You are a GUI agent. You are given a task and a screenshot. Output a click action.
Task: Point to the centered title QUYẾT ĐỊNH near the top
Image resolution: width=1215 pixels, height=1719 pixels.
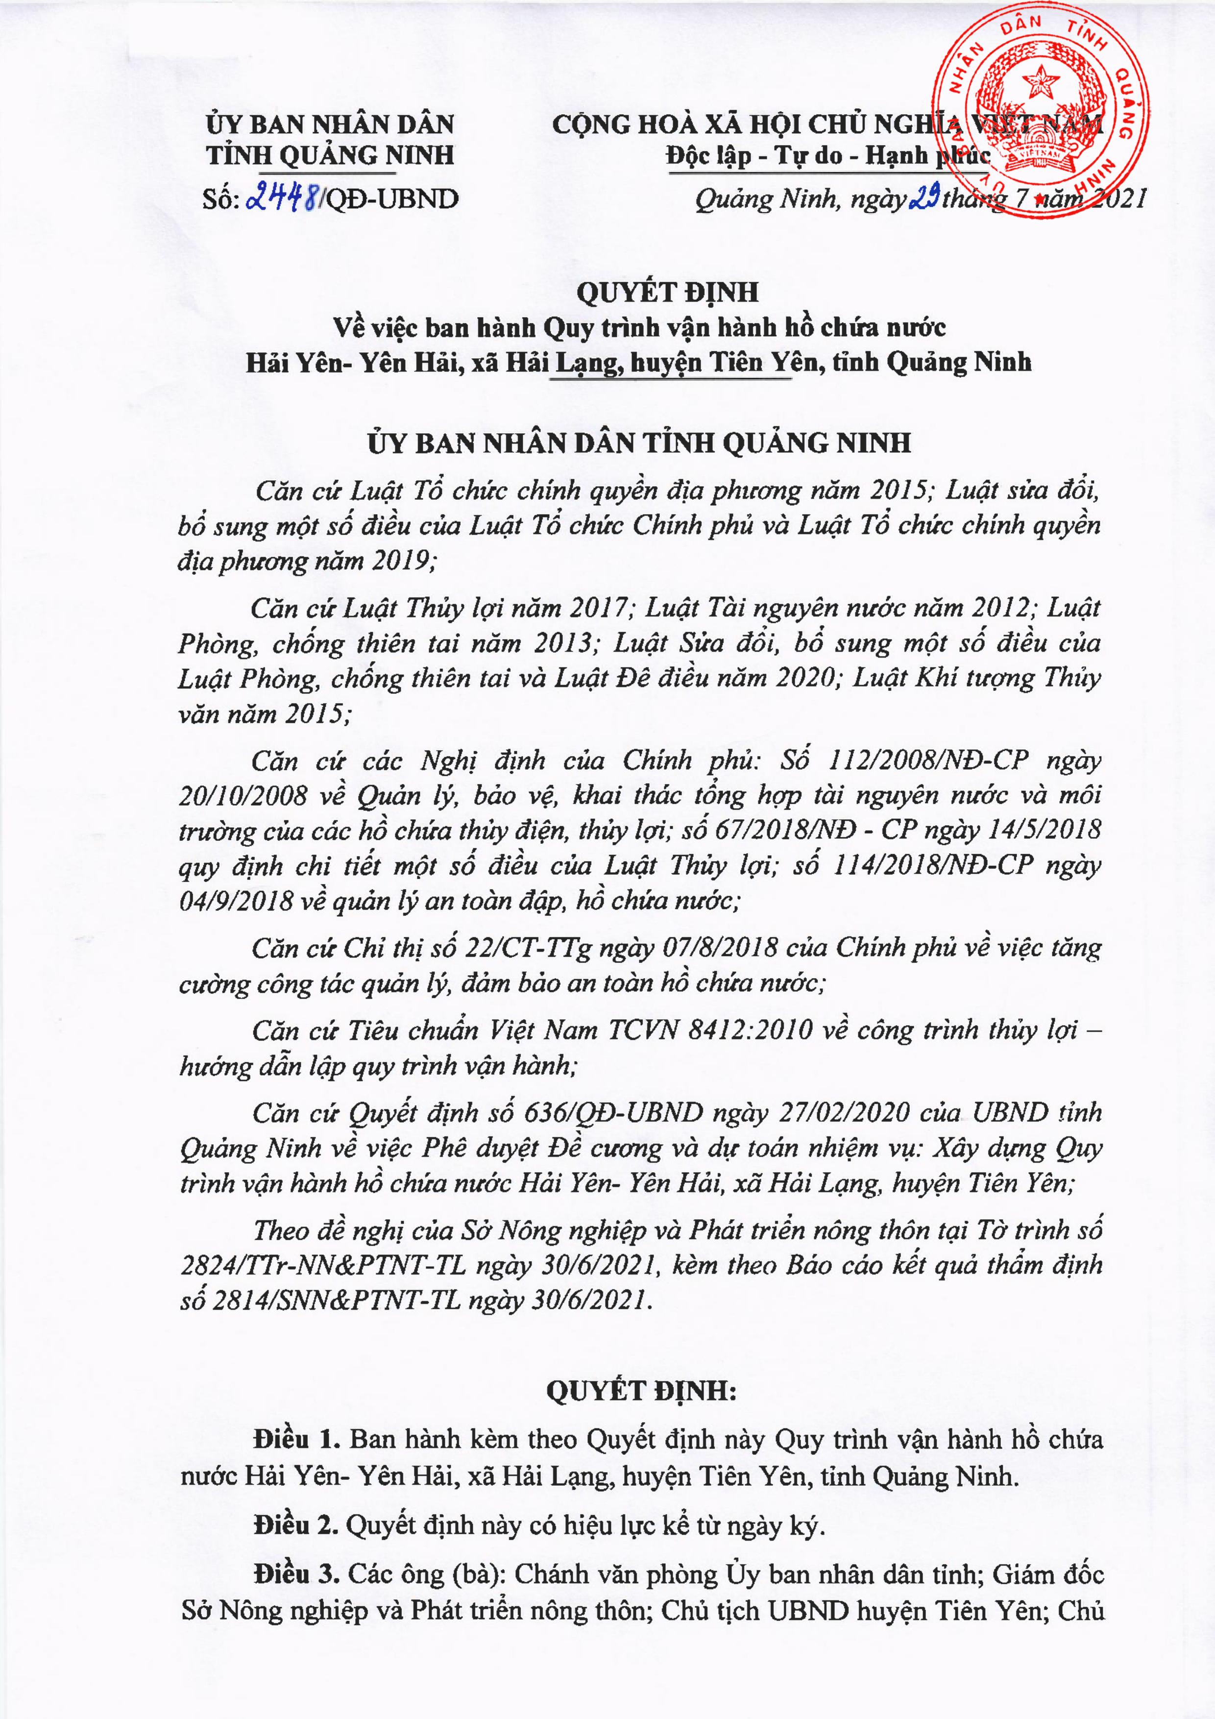(667, 292)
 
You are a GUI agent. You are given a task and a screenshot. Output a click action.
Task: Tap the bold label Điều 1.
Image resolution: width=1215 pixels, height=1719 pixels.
(297, 1439)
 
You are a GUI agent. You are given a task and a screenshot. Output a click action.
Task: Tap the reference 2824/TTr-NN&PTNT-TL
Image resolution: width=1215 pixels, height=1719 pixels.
(323, 1265)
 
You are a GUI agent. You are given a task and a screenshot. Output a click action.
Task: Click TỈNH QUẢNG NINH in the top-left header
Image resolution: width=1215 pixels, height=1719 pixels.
(330, 155)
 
